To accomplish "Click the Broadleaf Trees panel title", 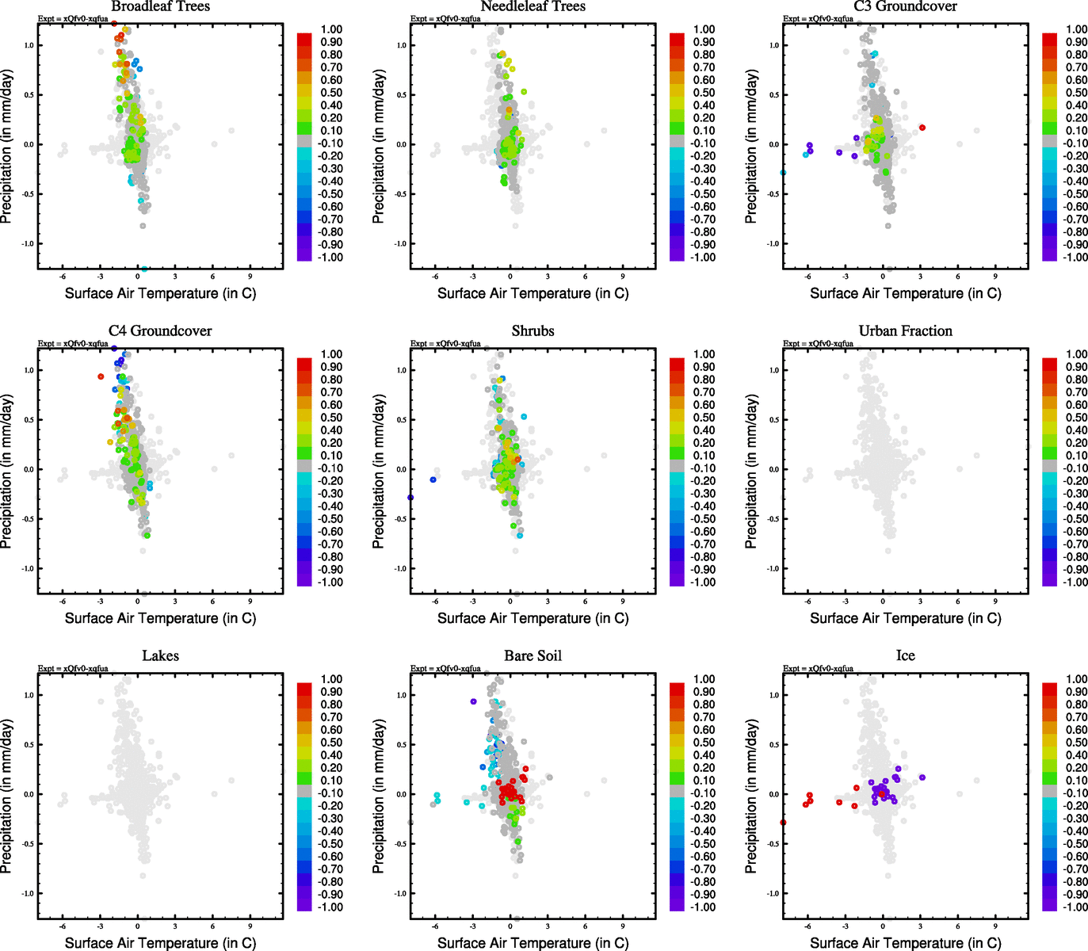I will click(160, 7).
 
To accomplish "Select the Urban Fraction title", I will click(905, 331).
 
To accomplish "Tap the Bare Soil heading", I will click(533, 656).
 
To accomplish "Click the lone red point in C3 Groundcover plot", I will click(922, 128).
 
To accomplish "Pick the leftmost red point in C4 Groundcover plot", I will click(101, 376).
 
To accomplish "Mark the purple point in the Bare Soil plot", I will click(473, 701).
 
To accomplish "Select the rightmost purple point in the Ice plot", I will click(922, 777).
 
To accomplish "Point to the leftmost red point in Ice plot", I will click(783, 823).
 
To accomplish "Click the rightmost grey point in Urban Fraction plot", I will click(976, 456).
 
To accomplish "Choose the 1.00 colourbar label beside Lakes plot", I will click(332, 679).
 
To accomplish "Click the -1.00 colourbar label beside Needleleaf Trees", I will click(703, 258).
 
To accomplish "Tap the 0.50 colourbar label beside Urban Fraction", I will click(1076, 418).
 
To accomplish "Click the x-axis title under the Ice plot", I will click(905, 943).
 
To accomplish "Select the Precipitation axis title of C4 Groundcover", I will click(7, 472).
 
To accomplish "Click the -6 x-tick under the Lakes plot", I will click(63, 926).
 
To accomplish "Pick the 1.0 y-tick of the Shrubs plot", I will click(401, 370).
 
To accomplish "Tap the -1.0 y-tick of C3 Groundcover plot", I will click(773, 243).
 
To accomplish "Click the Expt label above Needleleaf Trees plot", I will click(445, 19).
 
